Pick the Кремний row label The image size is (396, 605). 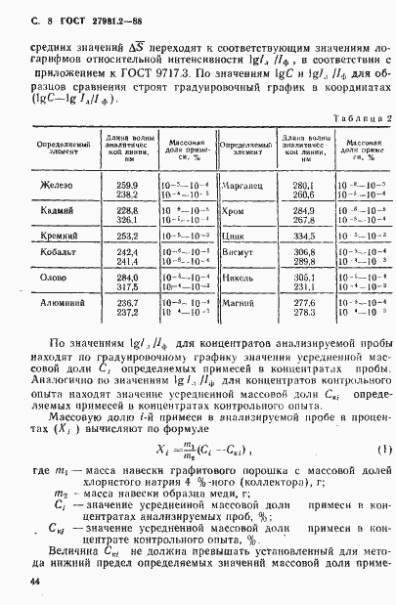[x=58, y=236]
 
